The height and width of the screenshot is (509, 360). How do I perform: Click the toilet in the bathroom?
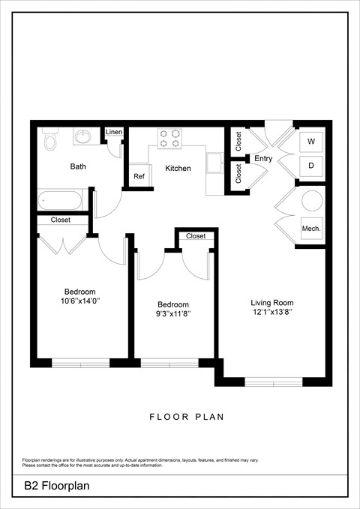(x=49, y=140)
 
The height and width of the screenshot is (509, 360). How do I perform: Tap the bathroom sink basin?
(x=82, y=137)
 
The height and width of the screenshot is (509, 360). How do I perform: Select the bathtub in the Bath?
(x=61, y=200)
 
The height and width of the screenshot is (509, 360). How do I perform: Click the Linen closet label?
(x=113, y=132)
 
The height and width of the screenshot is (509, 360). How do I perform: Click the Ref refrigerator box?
(x=139, y=176)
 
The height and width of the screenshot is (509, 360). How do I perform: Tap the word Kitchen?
(x=178, y=169)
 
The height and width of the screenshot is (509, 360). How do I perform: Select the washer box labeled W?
(x=311, y=142)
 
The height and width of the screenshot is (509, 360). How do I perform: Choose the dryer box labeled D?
(x=311, y=165)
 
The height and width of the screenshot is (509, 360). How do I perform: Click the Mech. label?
(x=311, y=228)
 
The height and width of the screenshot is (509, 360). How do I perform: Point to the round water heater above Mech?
(x=311, y=201)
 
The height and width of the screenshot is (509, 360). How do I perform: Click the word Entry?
(x=263, y=158)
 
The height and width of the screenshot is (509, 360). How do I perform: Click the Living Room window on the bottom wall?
(x=274, y=382)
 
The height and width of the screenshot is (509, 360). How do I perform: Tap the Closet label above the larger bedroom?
(x=61, y=220)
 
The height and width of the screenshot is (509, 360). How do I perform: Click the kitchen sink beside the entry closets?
(x=215, y=162)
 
